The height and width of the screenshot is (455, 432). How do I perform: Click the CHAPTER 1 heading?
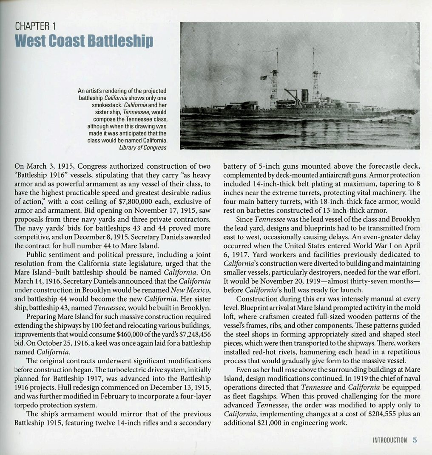[35, 25]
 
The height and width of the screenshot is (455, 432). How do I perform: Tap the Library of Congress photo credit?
[143, 147]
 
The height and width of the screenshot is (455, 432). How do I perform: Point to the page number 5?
[415, 440]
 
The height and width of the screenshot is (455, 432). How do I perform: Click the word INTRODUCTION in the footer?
[389, 440]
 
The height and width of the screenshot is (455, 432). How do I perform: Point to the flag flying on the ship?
[264, 78]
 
